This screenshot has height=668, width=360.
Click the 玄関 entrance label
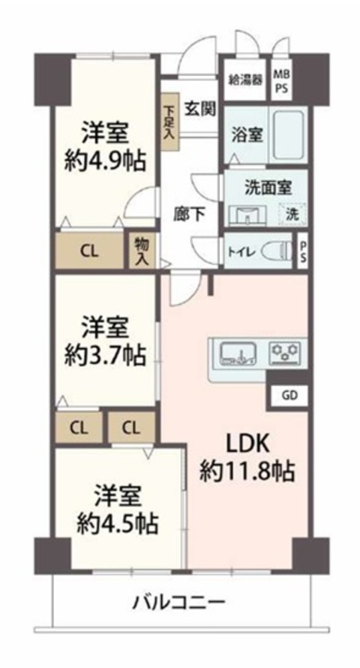[200, 109]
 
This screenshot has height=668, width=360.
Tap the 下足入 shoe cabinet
[170, 122]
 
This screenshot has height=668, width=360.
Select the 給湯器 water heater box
[245, 79]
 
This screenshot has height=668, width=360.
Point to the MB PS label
[281, 79]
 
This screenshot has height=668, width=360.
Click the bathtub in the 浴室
[289, 135]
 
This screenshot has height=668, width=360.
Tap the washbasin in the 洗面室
[248, 214]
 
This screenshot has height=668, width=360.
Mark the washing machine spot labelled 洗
[293, 214]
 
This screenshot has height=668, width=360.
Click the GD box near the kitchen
[289, 395]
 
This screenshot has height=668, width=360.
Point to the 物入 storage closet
[140, 252]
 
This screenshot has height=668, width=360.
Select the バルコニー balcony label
[180, 603]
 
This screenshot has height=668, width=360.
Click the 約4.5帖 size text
[117, 524]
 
